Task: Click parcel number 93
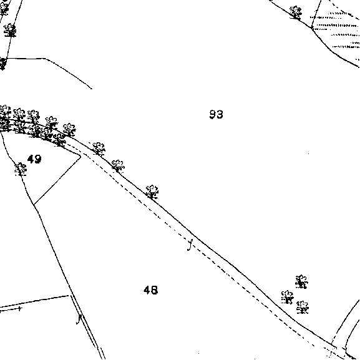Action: pyautogui.click(x=216, y=114)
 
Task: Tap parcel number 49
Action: pyautogui.click(x=34, y=159)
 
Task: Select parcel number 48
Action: pyautogui.click(x=151, y=290)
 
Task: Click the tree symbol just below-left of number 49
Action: pyautogui.click(x=21, y=169)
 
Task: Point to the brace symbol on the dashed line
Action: pyautogui.click(x=190, y=245)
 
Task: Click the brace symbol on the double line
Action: pyautogui.click(x=79, y=319)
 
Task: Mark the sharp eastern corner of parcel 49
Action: pyautogui.click(x=81, y=157)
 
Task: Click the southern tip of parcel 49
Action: pyautogui.click(x=34, y=205)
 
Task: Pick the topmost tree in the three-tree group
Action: pyautogui.click(x=301, y=281)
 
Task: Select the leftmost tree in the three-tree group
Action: pyautogui.click(x=288, y=298)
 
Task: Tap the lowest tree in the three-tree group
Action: pyautogui.click(x=303, y=307)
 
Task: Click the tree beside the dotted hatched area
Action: pyautogui.click(x=296, y=12)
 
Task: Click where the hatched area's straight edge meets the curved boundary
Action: pyautogui.click(x=312, y=28)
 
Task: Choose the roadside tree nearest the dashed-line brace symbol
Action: pyautogui.click(x=152, y=192)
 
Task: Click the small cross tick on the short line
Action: pyautogui.click(x=20, y=309)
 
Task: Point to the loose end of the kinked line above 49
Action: pyautogui.click(x=92, y=89)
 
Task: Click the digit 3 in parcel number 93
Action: pyautogui.click(x=220, y=114)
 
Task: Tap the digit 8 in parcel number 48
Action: pyautogui.click(x=155, y=290)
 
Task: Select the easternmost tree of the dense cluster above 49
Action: pyautogui.click(x=69, y=130)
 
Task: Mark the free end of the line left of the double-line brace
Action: pyautogui.click(x=69, y=296)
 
